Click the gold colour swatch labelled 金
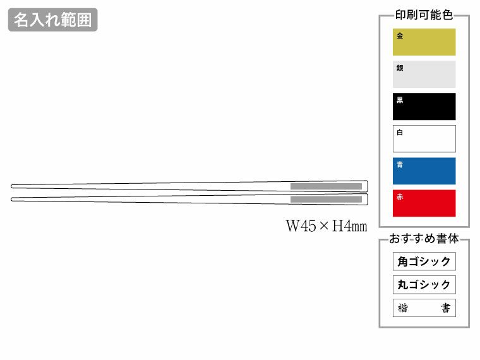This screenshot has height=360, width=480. [x=424, y=42]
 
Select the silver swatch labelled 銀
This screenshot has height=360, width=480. [x=424, y=74]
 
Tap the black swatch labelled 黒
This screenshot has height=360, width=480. [x=424, y=107]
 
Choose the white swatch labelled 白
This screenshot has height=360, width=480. [x=424, y=139]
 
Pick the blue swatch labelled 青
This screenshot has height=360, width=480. [x=424, y=171]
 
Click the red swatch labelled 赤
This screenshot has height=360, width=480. [x=424, y=203]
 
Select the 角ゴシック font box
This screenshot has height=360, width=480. [x=424, y=261]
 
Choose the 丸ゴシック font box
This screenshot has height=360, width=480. [x=424, y=285]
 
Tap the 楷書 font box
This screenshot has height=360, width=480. [x=424, y=308]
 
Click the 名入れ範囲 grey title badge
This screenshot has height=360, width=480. [x=52, y=20]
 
